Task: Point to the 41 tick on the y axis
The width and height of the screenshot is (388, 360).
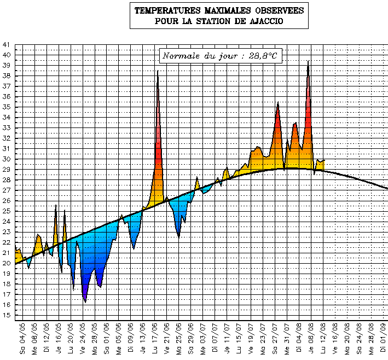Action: click(x=6, y=45)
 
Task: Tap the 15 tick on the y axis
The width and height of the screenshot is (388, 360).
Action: click(x=6, y=316)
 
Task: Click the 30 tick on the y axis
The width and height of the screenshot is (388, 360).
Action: click(x=6, y=159)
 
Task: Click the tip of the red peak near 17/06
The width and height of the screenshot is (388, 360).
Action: click(x=158, y=71)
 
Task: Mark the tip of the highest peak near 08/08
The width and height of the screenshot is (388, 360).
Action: click(x=309, y=61)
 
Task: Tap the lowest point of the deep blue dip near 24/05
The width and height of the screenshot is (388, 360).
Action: click(x=85, y=302)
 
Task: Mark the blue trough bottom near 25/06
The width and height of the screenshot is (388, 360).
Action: click(x=179, y=237)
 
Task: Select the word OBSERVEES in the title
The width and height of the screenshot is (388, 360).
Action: click(x=275, y=10)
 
